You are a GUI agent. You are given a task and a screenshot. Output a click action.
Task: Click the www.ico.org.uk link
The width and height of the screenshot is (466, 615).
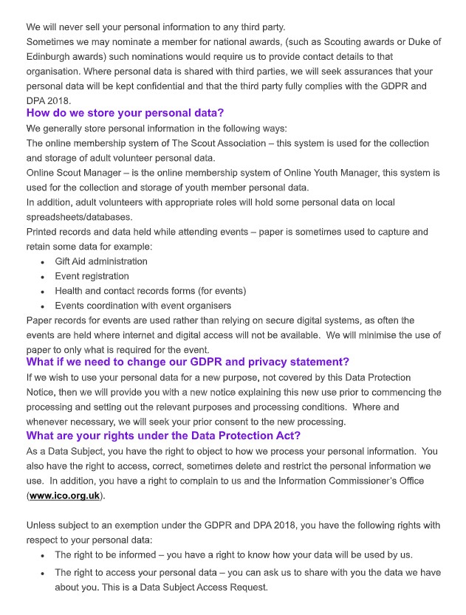pyautogui.click(x=64, y=495)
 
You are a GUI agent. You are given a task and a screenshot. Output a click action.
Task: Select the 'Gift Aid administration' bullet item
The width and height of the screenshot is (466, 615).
pyautogui.click(x=100, y=261)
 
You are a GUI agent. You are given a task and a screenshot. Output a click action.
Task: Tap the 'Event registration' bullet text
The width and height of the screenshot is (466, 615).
pyautogui.click(x=92, y=276)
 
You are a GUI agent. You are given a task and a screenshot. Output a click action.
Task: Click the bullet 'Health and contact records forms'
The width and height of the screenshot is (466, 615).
pyautogui.click(x=150, y=291)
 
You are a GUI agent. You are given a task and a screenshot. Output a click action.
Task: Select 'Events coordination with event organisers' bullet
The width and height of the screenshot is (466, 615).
pyautogui.click(x=143, y=306)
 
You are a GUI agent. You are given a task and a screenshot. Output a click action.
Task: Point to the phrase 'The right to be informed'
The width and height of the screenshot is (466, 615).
pyautogui.click(x=111, y=554)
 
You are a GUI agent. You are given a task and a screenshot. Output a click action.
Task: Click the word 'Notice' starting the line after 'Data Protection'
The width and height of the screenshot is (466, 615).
pyautogui.click(x=41, y=391)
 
